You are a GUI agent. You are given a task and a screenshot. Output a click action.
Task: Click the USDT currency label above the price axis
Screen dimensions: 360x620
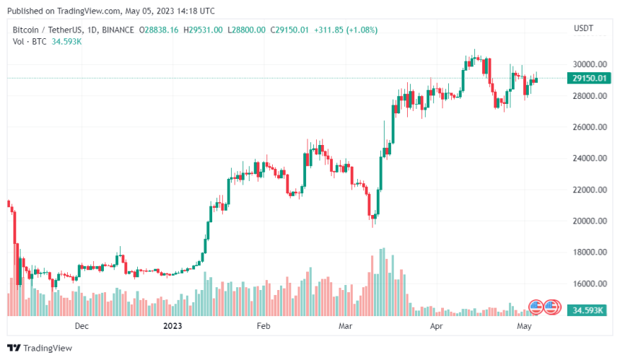582,28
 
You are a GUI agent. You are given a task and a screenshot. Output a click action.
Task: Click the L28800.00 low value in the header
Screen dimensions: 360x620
247,30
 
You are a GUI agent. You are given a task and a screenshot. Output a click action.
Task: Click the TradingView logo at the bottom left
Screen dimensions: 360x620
43,348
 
